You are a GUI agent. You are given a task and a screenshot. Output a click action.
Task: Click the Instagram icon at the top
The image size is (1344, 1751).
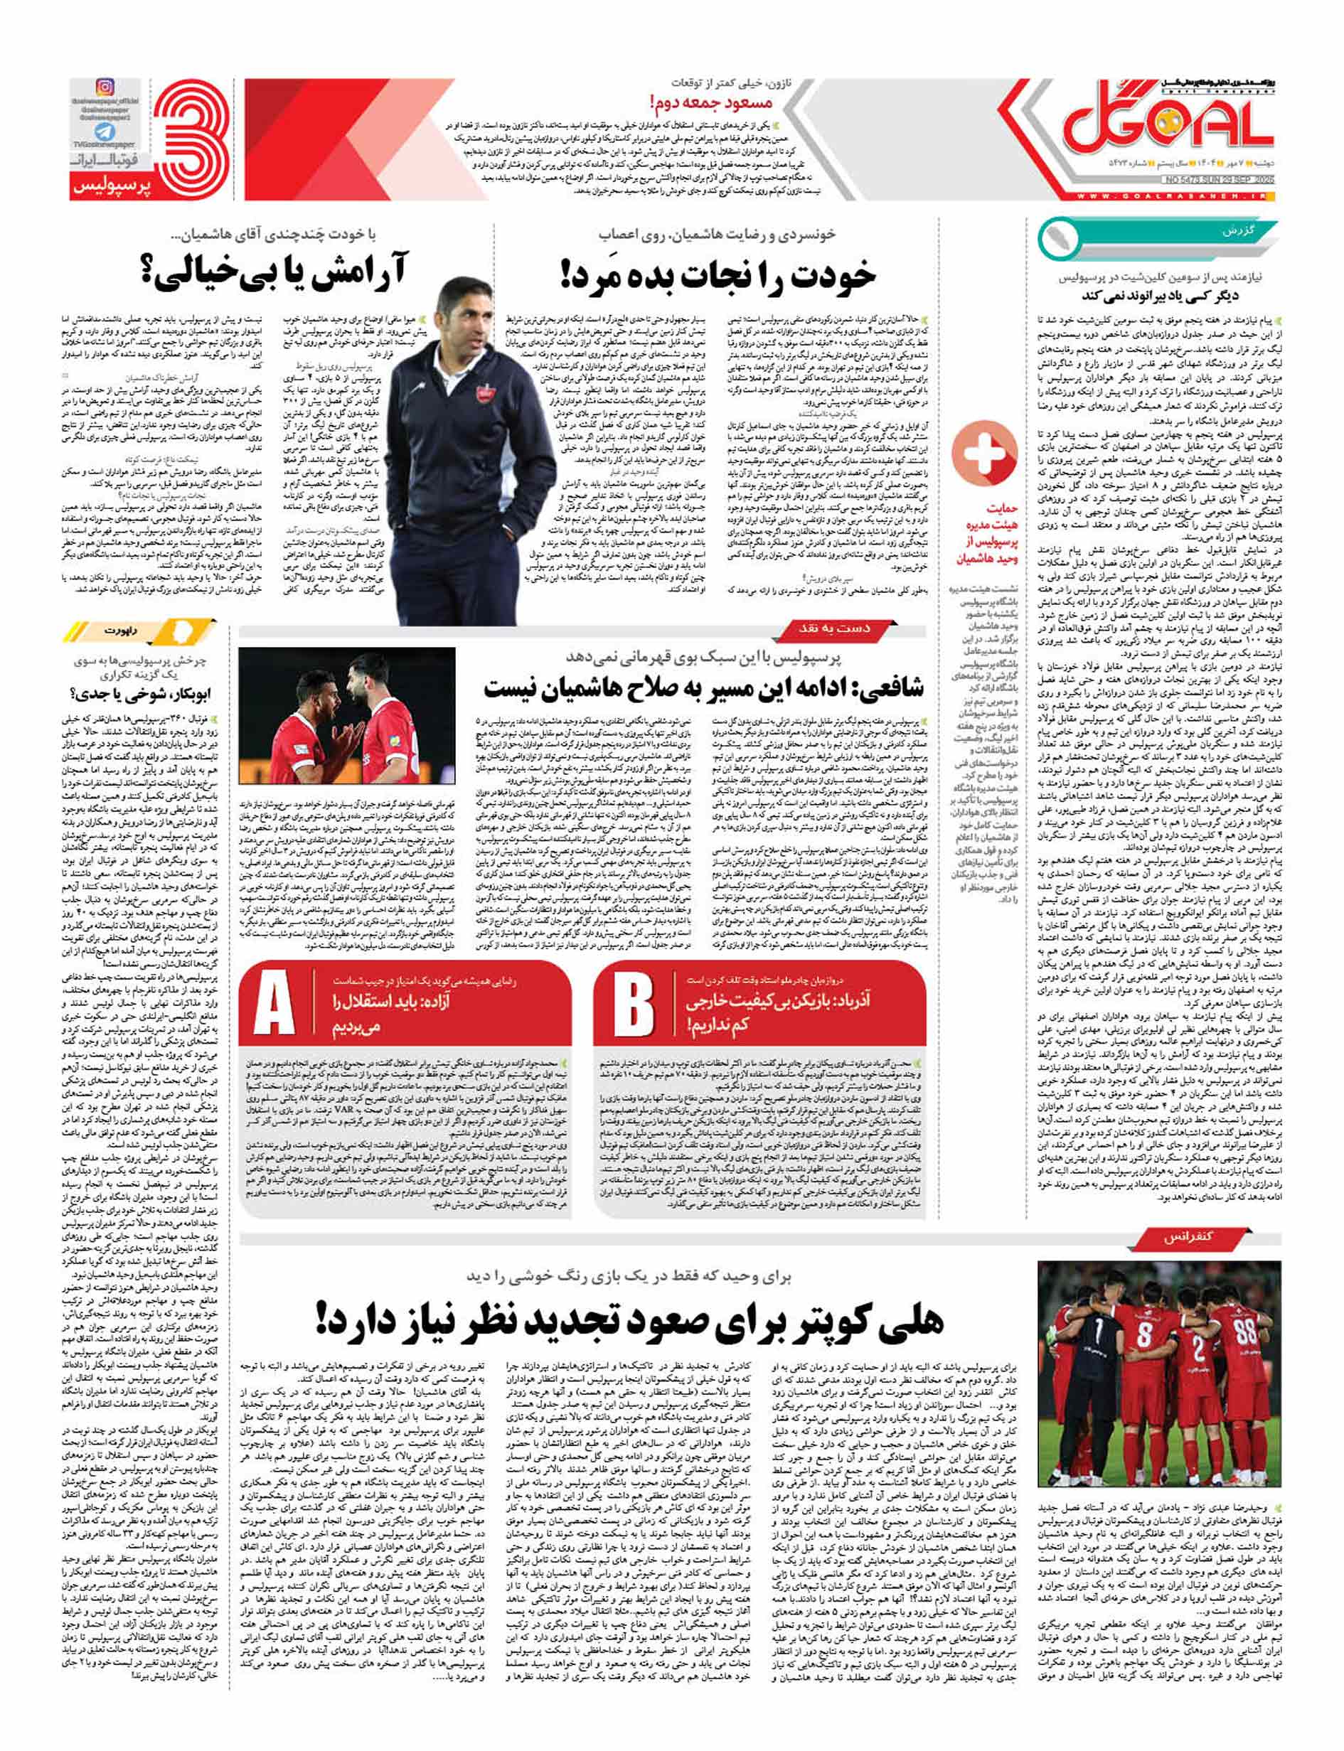[x=104, y=87]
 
